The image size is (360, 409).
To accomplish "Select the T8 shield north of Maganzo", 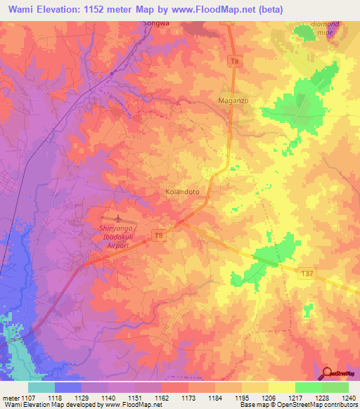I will tap(235, 63).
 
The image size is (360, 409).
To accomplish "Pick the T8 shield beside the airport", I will tap(160, 236).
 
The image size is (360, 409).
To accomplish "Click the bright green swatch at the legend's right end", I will tap(335, 387).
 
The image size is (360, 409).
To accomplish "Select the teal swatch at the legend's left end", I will tap(41, 387).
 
